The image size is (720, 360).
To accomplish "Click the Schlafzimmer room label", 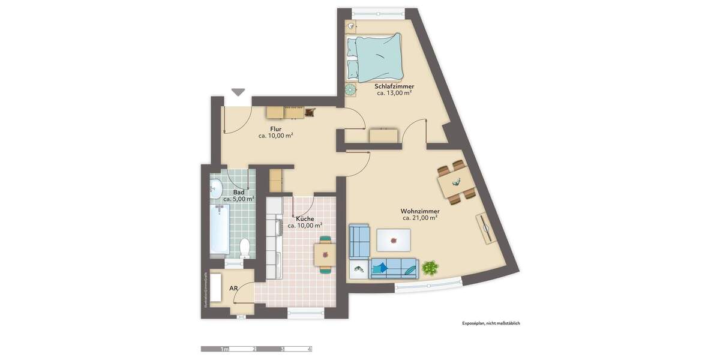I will pos(395,86).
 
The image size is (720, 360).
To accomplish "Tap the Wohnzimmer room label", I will pos(420,211).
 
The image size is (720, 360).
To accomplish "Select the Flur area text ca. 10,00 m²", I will pos(275,136).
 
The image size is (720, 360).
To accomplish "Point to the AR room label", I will pos(234,289).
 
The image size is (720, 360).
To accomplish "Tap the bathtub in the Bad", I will pos(220,229).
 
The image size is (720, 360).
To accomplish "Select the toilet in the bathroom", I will pos(244,247).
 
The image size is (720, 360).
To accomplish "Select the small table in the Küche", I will pos(325,254).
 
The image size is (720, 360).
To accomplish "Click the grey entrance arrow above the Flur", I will pos(238,92).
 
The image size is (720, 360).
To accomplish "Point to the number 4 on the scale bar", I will pos(309,349).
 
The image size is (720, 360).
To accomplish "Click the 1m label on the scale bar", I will pos(224,349).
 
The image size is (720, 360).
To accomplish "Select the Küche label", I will pos(304,219).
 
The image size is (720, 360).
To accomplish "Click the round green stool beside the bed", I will pos(350,89).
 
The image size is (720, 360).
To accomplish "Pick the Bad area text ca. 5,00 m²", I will pos(238,199).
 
